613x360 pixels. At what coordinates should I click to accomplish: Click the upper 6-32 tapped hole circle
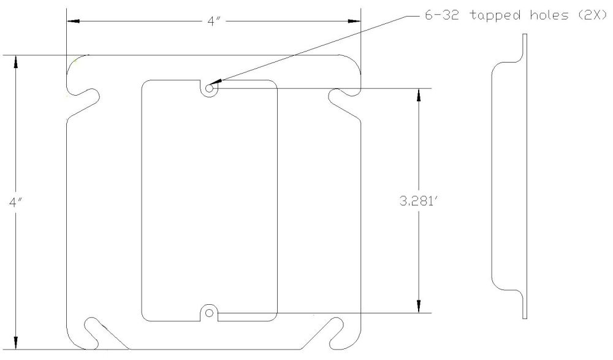[209, 88]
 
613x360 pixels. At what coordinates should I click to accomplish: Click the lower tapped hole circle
[209, 313]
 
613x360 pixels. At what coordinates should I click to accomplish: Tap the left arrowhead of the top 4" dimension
[73, 21]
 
